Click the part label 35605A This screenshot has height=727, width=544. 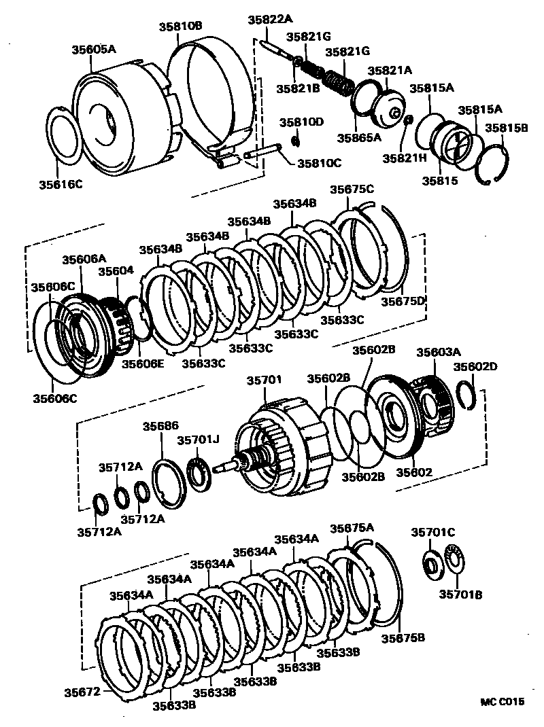pyautogui.click(x=94, y=49)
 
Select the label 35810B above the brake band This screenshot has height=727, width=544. pyautogui.click(x=181, y=27)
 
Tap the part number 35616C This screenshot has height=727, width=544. pyautogui.click(x=61, y=183)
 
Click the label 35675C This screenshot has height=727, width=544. pyautogui.click(x=352, y=190)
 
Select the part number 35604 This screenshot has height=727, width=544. pyautogui.click(x=115, y=271)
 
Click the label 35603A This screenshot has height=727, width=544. pyautogui.click(x=439, y=352)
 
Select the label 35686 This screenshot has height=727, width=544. pyautogui.click(x=160, y=426)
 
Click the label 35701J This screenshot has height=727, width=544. pyautogui.click(x=197, y=440)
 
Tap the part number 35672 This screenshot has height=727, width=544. pyautogui.click(x=80, y=692)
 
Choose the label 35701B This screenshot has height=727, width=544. pyautogui.click(x=460, y=595)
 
